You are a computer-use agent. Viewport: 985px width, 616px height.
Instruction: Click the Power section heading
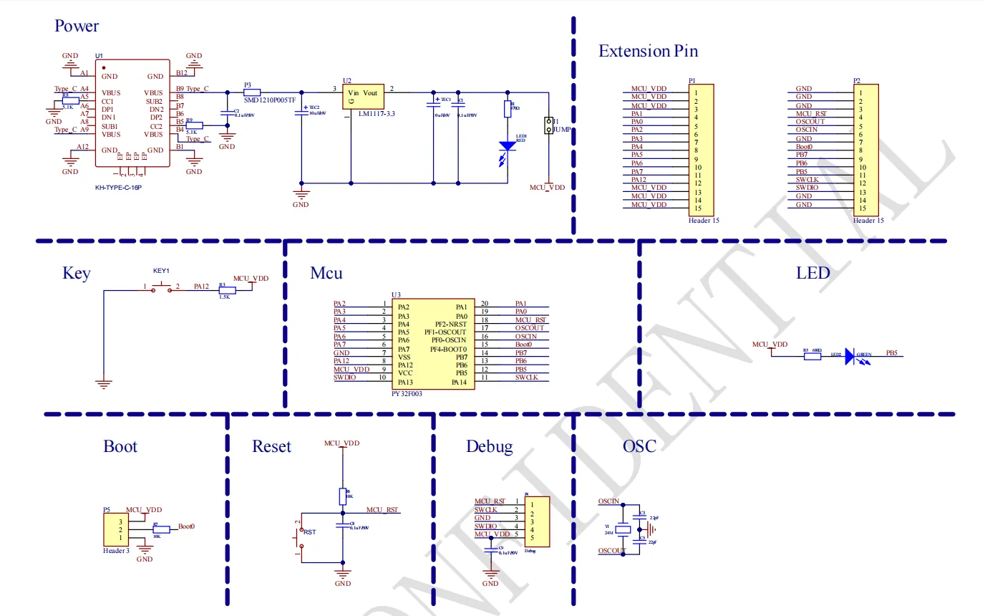77,27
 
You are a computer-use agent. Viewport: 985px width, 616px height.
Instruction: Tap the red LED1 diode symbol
508,146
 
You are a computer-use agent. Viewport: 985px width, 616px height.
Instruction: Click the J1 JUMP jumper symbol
549,125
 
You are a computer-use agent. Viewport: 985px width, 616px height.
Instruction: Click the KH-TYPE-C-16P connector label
119,188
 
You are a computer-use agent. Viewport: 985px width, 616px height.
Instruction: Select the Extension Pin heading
648,51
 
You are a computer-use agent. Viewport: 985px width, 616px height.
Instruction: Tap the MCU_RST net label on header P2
811,113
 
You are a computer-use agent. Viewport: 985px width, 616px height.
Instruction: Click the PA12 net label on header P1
640,180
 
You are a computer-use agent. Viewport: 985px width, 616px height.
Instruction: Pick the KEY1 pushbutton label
161,271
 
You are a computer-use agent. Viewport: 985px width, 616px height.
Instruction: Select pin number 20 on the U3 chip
484,304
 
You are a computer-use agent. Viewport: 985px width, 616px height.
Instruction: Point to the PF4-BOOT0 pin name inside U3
448,349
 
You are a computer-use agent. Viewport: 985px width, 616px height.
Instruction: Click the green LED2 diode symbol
850,356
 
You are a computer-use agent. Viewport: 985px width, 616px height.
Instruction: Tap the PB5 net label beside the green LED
891,353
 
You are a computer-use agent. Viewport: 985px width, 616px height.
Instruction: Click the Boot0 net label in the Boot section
186,526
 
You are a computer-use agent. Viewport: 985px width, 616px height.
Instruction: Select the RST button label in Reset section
309,532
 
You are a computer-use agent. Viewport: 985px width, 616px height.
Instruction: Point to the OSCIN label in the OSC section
608,501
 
